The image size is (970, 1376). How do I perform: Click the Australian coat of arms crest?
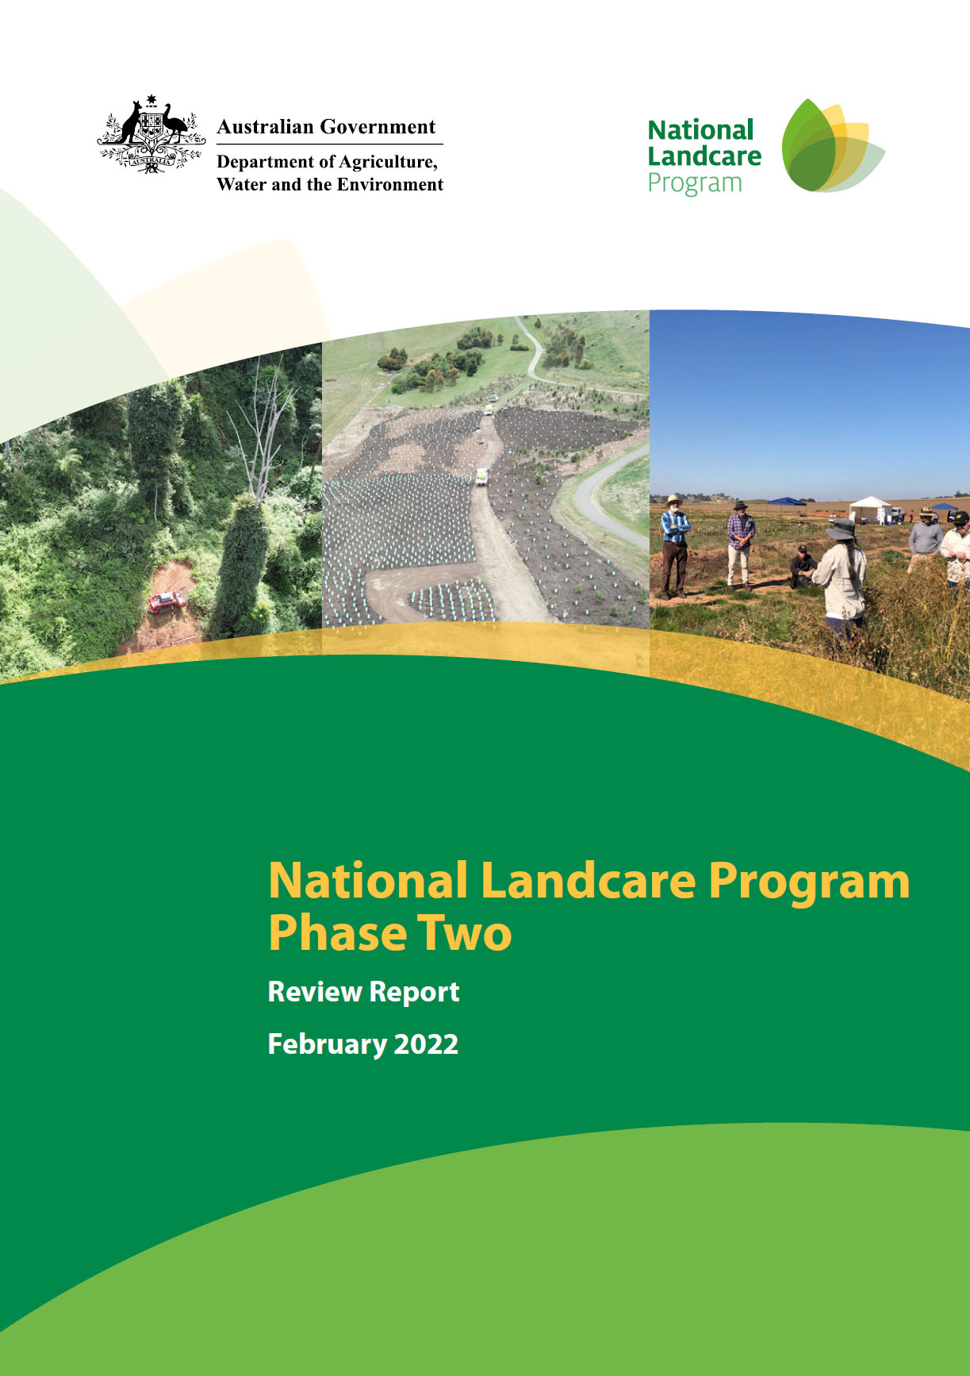151,135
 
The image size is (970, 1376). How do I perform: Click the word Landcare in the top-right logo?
704,156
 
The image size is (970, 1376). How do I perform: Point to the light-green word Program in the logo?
695,183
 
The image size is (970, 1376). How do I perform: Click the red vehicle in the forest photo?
167,602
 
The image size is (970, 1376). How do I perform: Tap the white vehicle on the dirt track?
481,476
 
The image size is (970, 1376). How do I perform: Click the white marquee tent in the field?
870,509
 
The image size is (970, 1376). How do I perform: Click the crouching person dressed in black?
803,567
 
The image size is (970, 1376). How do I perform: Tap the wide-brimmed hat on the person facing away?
842,528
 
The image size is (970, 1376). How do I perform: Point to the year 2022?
426,1044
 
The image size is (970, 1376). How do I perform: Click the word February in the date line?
326,1044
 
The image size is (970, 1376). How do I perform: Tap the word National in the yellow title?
368,881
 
